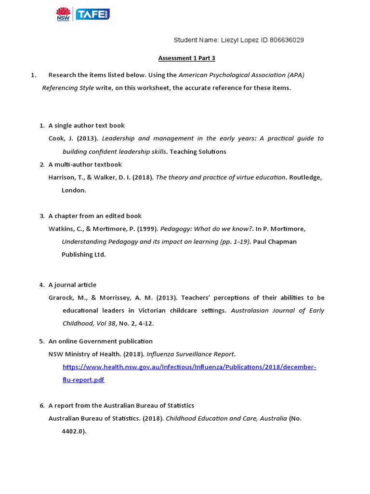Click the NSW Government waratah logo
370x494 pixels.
pyautogui.click(x=63, y=14)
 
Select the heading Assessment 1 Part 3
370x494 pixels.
pyautogui.click(x=187, y=58)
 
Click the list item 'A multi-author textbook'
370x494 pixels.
pyautogui.click(x=85, y=165)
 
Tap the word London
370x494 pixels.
pyautogui.click(x=74, y=190)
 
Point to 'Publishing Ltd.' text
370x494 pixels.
pyautogui.click(x=83, y=254)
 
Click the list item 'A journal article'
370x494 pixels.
pyautogui.click(x=72, y=285)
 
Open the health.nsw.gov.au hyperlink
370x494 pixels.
pyautogui.click(x=189, y=367)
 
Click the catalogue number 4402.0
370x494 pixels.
pyautogui.click(x=73, y=431)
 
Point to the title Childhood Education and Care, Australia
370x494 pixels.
pyautogui.click(x=226, y=418)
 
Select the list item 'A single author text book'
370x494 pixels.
pyautogui.click(x=87, y=125)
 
